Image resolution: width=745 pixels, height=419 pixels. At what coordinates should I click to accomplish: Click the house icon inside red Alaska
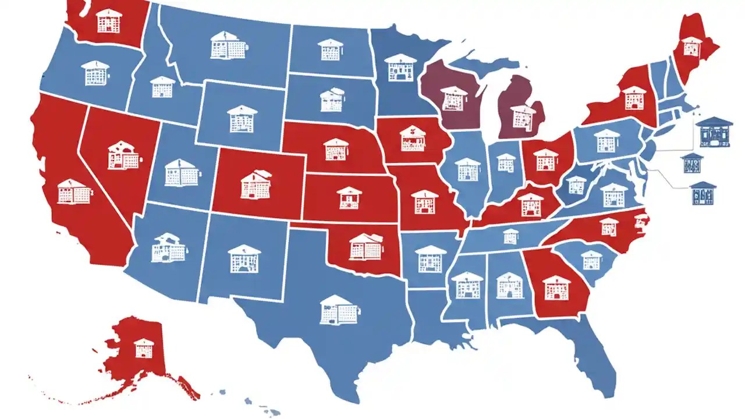tap(143, 347)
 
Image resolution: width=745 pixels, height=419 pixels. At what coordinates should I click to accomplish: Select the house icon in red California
tap(74, 191)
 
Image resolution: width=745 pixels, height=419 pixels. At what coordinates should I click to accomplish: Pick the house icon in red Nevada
tap(123, 155)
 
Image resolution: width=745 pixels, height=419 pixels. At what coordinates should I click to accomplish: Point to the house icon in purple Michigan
tap(523, 116)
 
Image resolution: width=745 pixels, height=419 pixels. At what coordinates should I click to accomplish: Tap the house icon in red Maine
tap(691, 46)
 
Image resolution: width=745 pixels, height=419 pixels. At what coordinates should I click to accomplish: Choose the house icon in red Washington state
tap(109, 20)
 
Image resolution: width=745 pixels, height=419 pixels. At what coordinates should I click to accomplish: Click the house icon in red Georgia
tap(556, 287)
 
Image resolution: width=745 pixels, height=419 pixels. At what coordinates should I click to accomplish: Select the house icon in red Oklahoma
tap(366, 246)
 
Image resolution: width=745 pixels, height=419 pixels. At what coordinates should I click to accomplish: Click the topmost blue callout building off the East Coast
tap(713, 130)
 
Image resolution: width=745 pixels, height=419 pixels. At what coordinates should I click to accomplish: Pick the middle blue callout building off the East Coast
tap(691, 163)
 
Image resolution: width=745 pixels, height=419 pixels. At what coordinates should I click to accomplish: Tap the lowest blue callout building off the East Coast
tap(703, 193)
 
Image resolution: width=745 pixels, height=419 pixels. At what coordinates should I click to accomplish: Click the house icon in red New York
tap(634, 98)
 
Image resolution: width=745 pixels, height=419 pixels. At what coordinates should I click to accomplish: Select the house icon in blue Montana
tap(226, 45)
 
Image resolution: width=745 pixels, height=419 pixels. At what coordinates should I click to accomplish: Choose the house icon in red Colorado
tap(255, 184)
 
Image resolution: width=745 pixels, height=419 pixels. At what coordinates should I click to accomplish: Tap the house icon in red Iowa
tap(413, 138)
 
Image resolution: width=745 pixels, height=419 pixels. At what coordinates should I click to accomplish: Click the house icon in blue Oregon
tap(95, 73)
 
